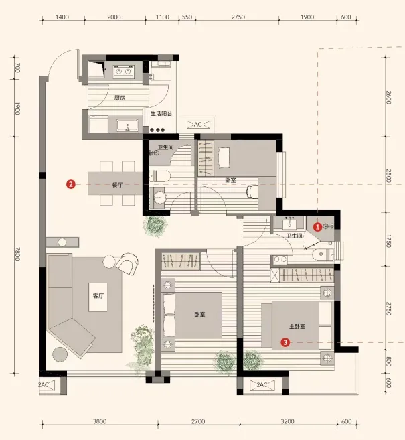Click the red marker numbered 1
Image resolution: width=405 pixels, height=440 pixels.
(x=317, y=227)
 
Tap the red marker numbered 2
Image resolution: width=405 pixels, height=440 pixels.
(x=71, y=184)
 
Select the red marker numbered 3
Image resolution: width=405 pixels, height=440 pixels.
(x=285, y=342)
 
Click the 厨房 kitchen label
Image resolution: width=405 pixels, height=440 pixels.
(x=120, y=98)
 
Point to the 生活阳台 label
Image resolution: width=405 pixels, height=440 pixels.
(x=161, y=113)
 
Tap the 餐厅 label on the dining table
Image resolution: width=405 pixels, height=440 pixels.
(x=118, y=185)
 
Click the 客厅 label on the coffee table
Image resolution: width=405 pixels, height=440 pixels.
(x=98, y=295)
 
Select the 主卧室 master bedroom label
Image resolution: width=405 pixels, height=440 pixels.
(x=297, y=326)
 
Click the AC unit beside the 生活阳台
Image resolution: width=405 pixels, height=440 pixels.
(x=198, y=124)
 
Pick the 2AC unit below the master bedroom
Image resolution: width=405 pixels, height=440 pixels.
(x=262, y=384)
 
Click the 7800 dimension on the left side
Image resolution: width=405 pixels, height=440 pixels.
(x=17, y=254)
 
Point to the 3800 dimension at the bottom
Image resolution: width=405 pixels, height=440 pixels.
(x=100, y=421)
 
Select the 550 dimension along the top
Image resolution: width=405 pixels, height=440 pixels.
(x=187, y=17)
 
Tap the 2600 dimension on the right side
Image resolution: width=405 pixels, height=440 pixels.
(x=388, y=97)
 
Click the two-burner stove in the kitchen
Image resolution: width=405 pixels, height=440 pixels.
(x=124, y=72)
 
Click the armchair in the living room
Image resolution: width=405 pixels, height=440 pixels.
(x=127, y=263)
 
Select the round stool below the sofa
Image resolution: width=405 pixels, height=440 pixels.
(x=60, y=354)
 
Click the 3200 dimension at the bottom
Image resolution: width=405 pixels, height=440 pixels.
(x=287, y=421)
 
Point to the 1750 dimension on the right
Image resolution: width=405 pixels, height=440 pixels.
(x=388, y=241)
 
